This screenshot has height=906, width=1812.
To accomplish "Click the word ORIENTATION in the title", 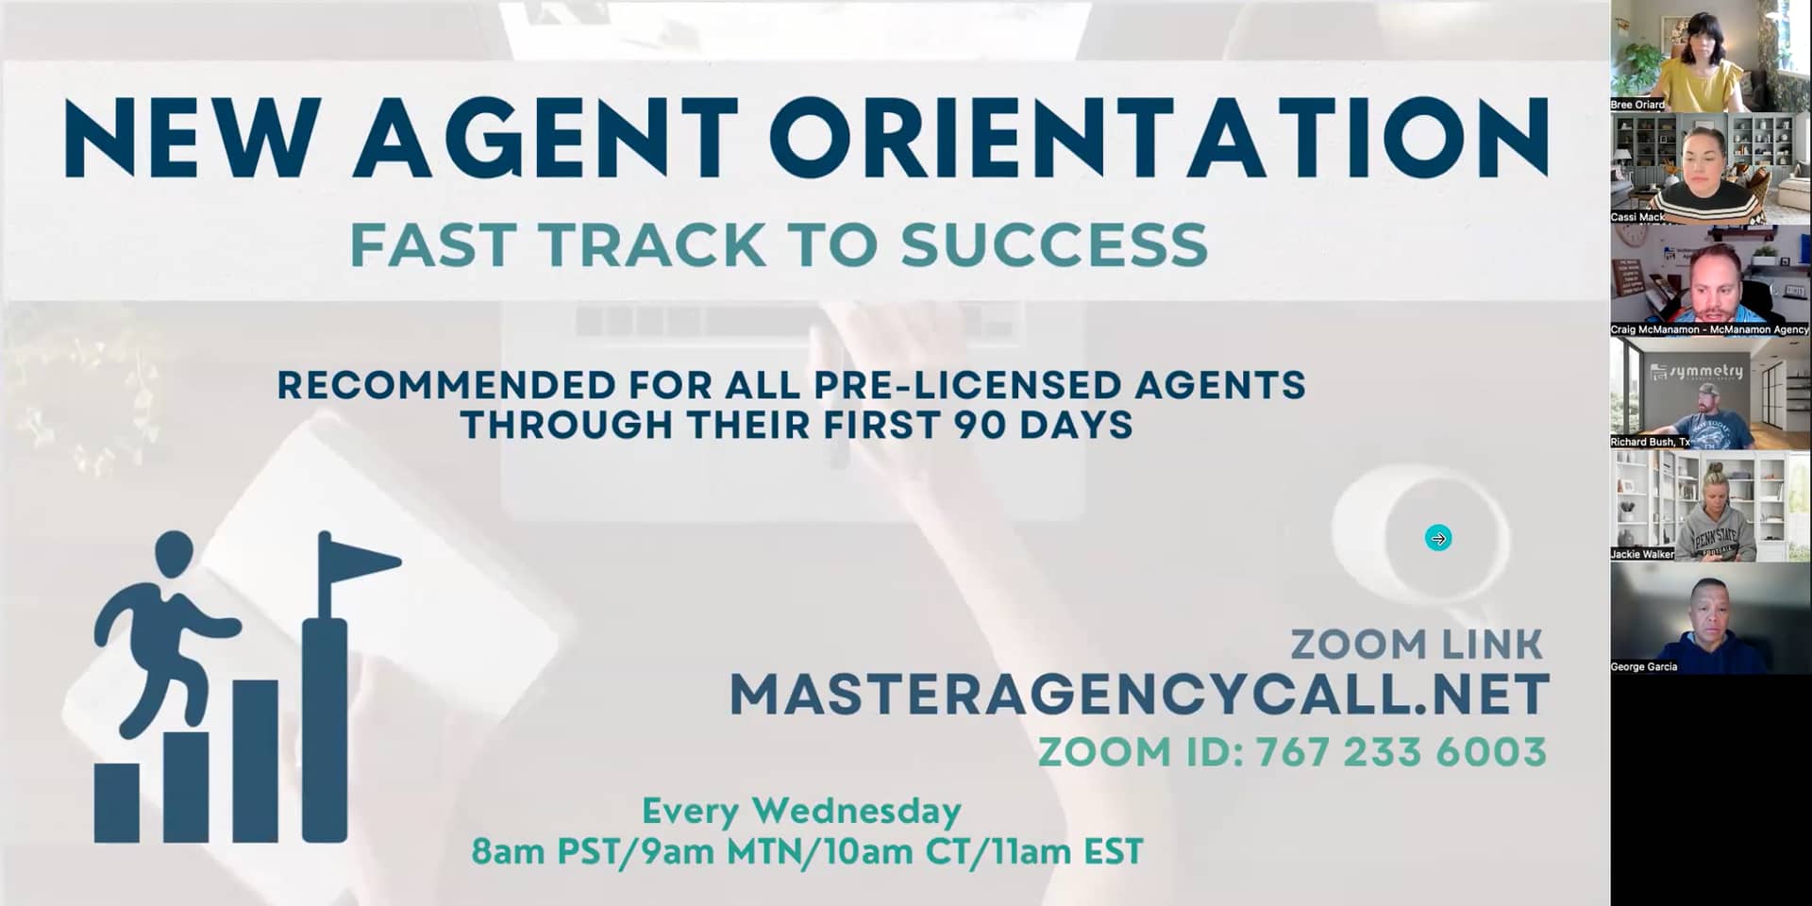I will (x=1161, y=137).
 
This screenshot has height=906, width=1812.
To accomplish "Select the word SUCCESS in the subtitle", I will (x=1054, y=245).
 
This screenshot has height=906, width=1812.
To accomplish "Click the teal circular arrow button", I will (x=1438, y=538).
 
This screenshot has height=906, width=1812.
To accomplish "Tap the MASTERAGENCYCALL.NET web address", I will (x=1138, y=695).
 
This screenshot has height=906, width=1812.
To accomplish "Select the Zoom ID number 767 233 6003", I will (x=1401, y=752).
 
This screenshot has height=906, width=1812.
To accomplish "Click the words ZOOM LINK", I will (x=1416, y=646).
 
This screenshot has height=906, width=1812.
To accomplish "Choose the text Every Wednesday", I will (x=801, y=811).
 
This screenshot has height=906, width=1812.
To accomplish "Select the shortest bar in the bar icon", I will (x=117, y=802).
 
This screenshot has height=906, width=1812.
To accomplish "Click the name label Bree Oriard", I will (x=1637, y=105).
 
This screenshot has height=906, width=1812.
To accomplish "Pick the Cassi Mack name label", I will (x=1637, y=217).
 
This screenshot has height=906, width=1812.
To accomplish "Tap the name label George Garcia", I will (x=1643, y=666).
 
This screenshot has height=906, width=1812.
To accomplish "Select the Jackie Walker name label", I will (x=1642, y=554).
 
